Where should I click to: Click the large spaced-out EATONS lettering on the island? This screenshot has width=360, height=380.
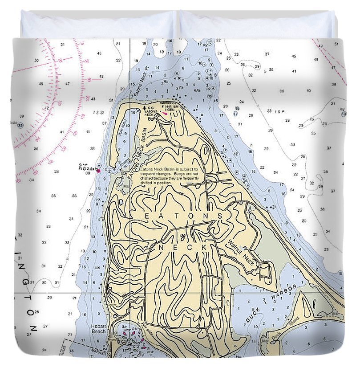tap(184, 216)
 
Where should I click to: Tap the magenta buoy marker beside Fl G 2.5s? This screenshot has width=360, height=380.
tap(97, 170)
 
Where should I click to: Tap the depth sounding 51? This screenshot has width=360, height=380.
tap(63, 44)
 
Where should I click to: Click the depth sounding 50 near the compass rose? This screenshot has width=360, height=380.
tap(36, 60)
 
